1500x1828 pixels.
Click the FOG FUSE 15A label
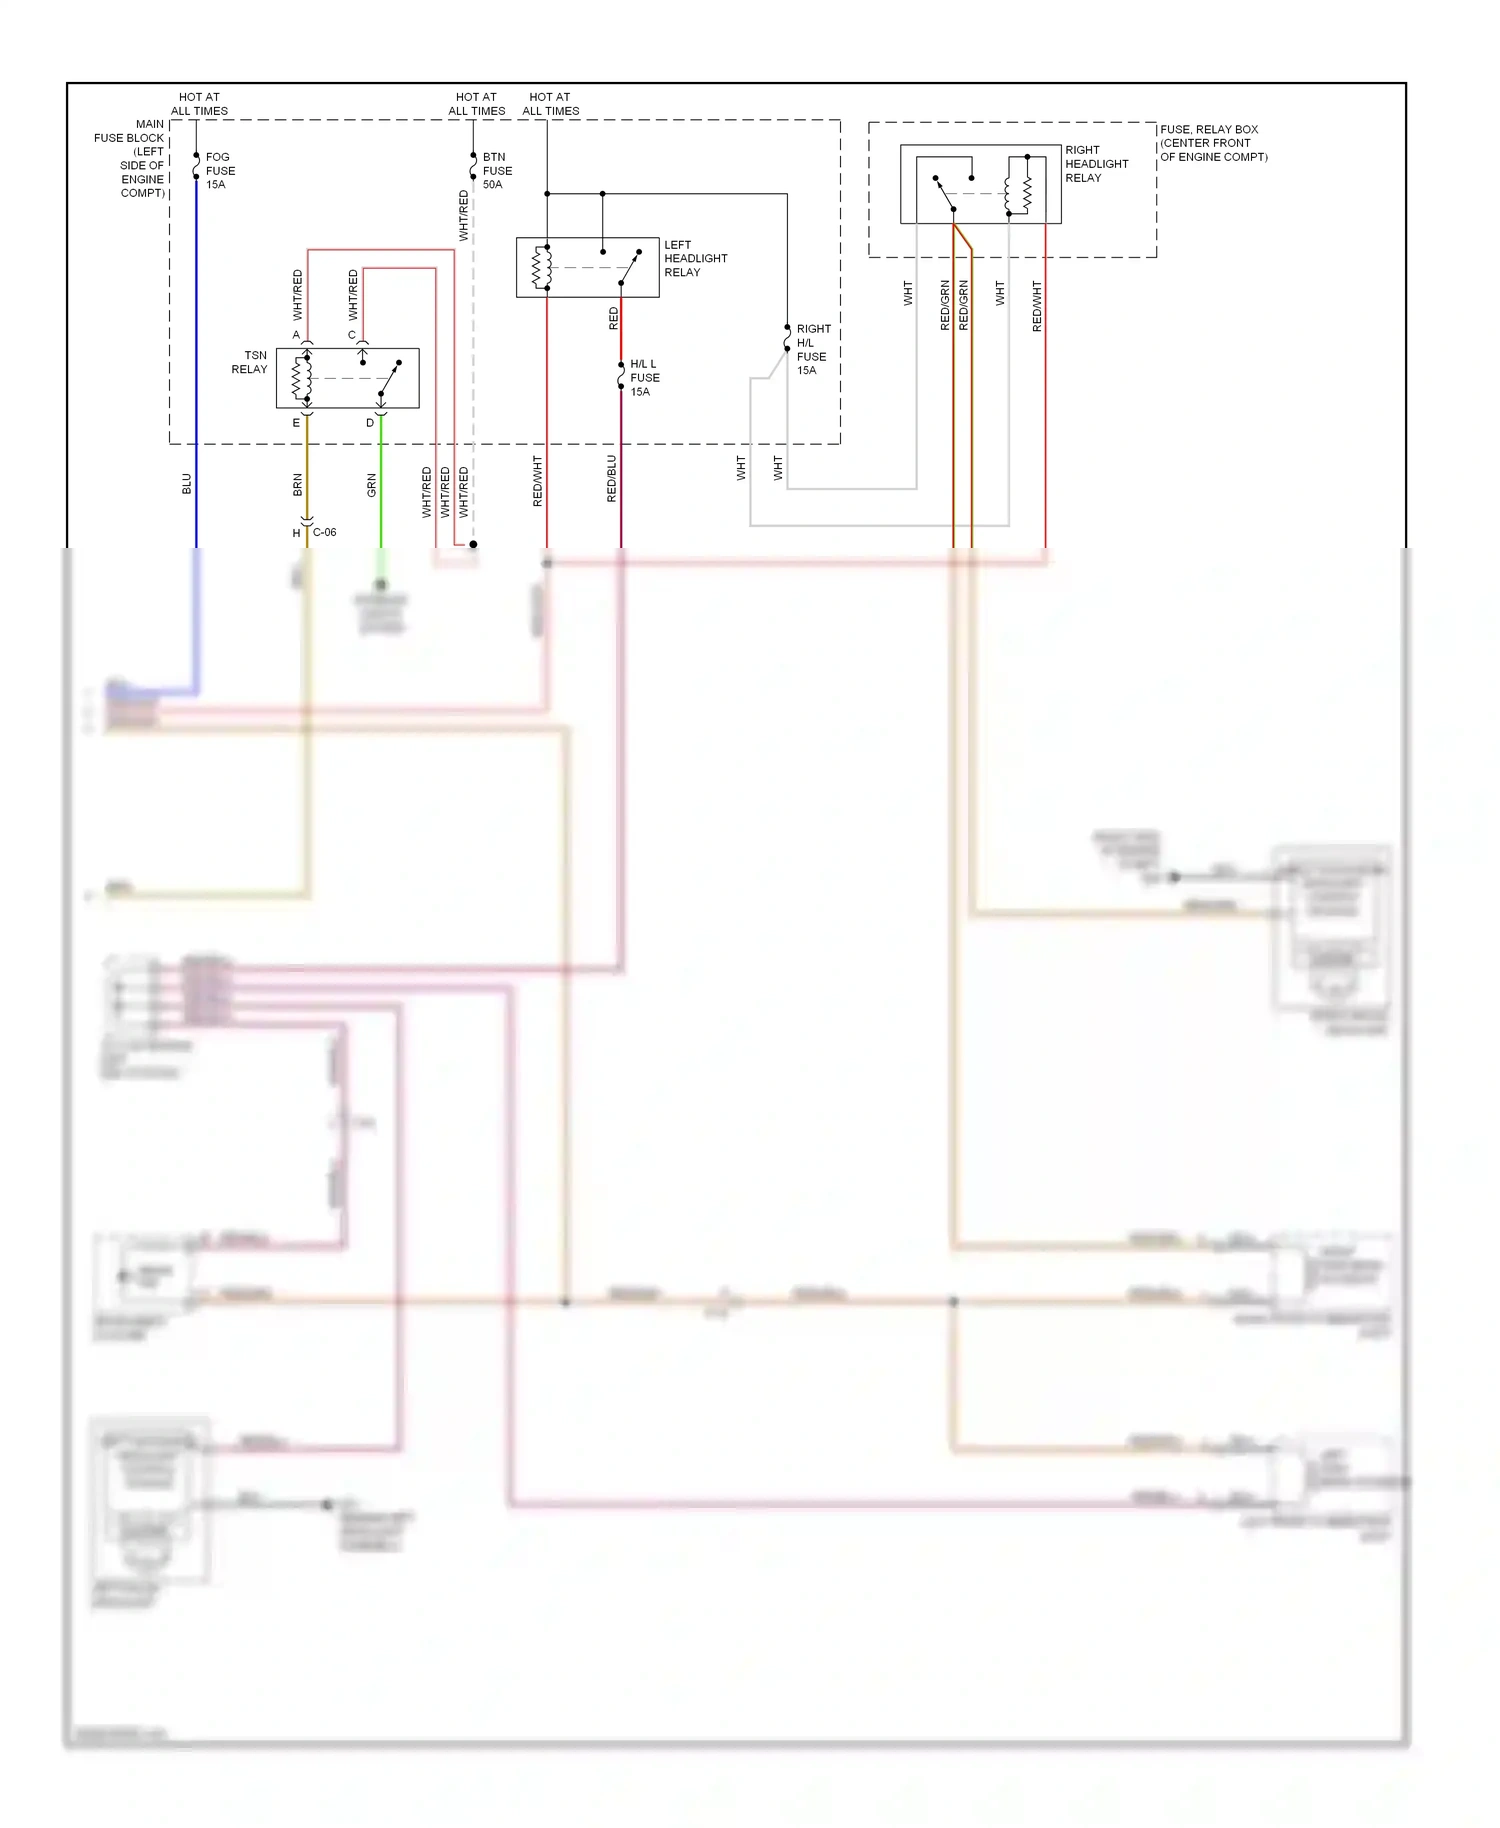tap(219, 171)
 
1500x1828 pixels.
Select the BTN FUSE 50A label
tap(496, 171)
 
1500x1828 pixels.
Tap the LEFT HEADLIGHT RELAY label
tap(695, 258)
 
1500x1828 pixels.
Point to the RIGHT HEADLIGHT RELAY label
tap(1096, 164)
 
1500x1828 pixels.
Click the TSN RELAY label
tap(250, 362)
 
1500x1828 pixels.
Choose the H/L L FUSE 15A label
tap(644, 378)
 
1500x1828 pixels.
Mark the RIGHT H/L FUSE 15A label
tap(812, 349)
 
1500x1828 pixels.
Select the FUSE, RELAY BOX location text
tap(1213, 143)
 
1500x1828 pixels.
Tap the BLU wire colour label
tap(187, 485)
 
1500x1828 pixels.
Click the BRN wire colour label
tap(298, 486)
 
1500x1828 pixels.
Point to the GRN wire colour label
tap(372, 486)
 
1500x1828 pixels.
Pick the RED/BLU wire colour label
tap(612, 478)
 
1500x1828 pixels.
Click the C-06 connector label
tap(324, 532)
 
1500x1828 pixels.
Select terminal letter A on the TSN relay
tap(296, 335)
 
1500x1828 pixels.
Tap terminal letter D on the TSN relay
tap(370, 423)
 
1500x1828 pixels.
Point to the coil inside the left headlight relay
tap(541, 267)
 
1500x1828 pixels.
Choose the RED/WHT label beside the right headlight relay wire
tap(1037, 306)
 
